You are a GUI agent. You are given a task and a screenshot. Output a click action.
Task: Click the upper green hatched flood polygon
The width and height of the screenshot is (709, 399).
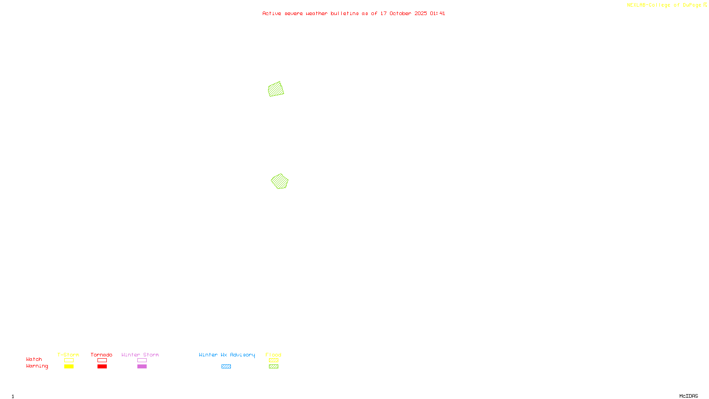pyautogui.click(x=276, y=89)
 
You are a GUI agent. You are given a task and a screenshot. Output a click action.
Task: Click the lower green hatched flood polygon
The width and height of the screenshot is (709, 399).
pyautogui.click(x=280, y=181)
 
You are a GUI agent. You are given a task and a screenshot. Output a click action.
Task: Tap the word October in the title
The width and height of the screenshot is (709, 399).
pyautogui.click(x=400, y=13)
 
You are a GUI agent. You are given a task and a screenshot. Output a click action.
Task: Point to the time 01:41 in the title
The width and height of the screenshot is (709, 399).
pyautogui.click(x=437, y=13)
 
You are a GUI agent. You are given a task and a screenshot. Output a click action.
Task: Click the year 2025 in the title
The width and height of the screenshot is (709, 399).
pyautogui.click(x=421, y=13)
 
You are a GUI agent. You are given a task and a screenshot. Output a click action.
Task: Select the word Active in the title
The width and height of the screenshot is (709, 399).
pyautogui.click(x=272, y=13)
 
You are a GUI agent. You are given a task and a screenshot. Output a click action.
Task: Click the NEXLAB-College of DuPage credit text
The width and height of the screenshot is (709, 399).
pyautogui.click(x=664, y=5)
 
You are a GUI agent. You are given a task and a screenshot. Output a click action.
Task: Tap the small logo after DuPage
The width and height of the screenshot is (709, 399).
pyautogui.click(x=705, y=5)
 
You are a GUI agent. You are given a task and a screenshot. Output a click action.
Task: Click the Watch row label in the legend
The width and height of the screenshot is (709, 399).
pyautogui.click(x=34, y=360)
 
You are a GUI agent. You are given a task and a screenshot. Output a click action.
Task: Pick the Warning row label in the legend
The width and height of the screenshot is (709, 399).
pyautogui.click(x=37, y=366)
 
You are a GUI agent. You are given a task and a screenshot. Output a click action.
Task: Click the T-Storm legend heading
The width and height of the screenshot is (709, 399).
pyautogui.click(x=68, y=355)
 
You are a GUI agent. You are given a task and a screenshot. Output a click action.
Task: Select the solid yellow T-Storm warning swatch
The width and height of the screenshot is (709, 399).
pyautogui.click(x=69, y=367)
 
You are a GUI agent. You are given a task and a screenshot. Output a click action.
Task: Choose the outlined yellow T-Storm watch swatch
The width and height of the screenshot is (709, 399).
pyautogui.click(x=69, y=360)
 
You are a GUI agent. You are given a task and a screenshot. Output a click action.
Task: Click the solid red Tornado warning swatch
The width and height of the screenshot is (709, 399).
pyautogui.click(x=102, y=367)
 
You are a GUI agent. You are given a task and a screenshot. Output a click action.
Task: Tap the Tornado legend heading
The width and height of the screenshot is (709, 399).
pyautogui.click(x=101, y=355)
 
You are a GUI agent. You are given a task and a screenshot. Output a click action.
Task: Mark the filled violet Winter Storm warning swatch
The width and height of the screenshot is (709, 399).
pyautogui.click(x=142, y=367)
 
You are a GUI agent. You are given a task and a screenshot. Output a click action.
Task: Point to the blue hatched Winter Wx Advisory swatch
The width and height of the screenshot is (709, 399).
pyautogui.click(x=226, y=367)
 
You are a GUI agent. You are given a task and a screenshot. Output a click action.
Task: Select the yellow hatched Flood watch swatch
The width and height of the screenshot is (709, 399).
pyautogui.click(x=273, y=360)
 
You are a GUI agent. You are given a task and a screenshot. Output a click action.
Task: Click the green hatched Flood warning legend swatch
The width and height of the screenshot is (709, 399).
pyautogui.click(x=273, y=367)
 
